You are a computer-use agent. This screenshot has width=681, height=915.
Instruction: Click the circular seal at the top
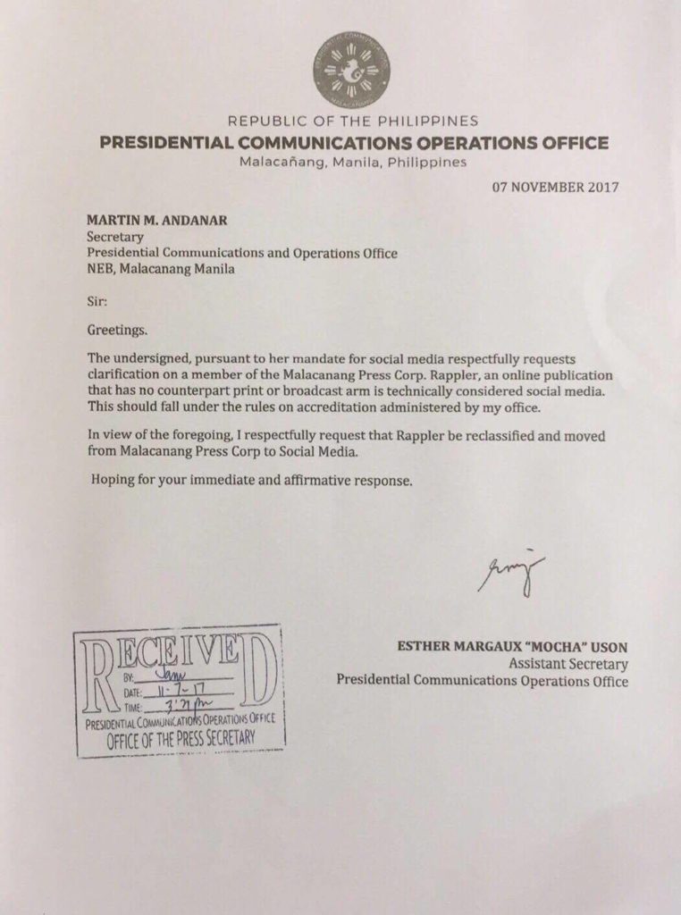[351, 71]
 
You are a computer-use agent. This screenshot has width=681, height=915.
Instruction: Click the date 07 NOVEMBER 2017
[556, 188]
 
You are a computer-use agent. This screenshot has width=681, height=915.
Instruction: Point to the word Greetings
[117, 330]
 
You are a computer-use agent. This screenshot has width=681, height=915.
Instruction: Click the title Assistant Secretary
[568, 664]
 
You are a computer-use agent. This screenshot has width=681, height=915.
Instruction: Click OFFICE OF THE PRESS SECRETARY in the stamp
[181, 739]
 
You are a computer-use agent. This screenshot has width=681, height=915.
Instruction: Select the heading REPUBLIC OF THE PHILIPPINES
[353, 122]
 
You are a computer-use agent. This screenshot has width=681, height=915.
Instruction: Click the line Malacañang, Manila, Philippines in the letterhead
[353, 163]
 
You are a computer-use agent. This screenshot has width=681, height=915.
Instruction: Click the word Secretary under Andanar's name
[114, 238]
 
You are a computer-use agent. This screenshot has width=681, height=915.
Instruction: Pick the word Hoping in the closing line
[113, 480]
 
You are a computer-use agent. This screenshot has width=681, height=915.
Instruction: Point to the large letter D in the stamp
[258, 674]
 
